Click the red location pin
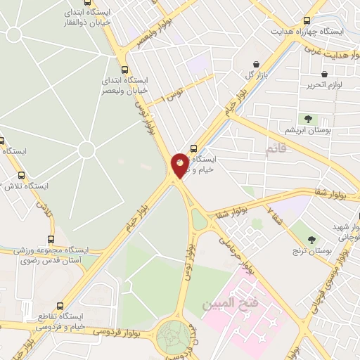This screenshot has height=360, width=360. click(x=180, y=165)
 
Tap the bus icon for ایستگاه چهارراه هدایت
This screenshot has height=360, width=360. click(x=306, y=20)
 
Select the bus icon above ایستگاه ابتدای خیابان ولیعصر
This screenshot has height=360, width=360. click(x=125, y=70)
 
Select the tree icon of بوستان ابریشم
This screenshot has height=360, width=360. click(x=307, y=120)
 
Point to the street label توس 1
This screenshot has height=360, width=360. click(x=171, y=92)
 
